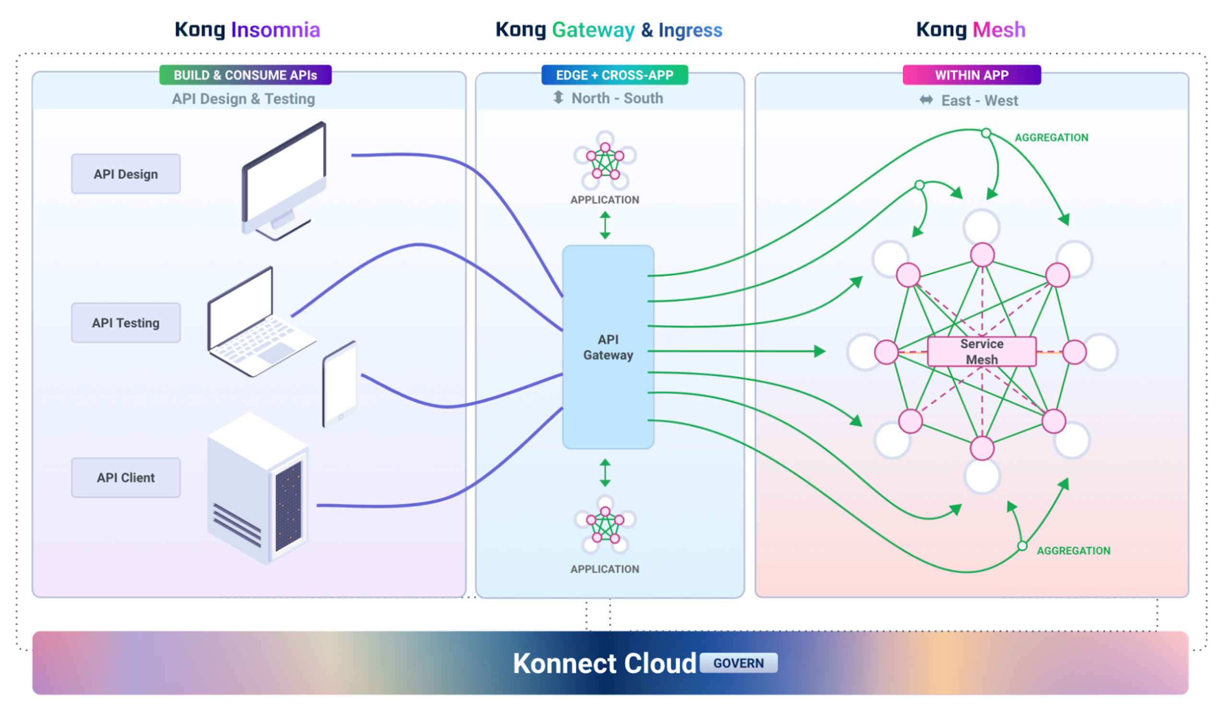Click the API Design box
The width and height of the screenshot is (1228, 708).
pyautogui.click(x=126, y=174)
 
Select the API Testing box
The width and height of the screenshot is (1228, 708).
pyautogui.click(x=126, y=323)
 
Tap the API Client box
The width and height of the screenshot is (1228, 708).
pyautogui.click(x=126, y=477)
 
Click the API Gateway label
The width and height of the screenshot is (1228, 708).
pyautogui.click(x=608, y=347)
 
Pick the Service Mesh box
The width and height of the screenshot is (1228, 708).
pyautogui.click(x=981, y=351)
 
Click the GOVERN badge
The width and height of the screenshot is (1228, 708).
pyautogui.click(x=738, y=663)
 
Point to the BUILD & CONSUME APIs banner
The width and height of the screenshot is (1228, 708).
pyautogui.click(x=245, y=75)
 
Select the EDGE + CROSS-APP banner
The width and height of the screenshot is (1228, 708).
pyautogui.click(x=614, y=75)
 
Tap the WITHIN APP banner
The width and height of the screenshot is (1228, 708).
pyautogui.click(x=971, y=75)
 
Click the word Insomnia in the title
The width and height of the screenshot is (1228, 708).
pyautogui.click(x=275, y=30)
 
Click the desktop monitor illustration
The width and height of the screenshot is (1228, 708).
pyautogui.click(x=284, y=180)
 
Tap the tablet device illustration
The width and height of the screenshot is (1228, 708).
pyautogui.click(x=340, y=384)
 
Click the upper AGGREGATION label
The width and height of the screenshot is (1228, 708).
pyautogui.click(x=1051, y=138)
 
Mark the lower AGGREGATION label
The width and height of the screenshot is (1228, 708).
pyautogui.click(x=1073, y=550)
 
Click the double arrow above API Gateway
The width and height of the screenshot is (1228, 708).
pyautogui.click(x=605, y=225)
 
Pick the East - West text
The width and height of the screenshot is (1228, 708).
pyautogui.click(x=979, y=101)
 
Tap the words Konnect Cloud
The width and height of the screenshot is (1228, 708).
pyautogui.click(x=604, y=663)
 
